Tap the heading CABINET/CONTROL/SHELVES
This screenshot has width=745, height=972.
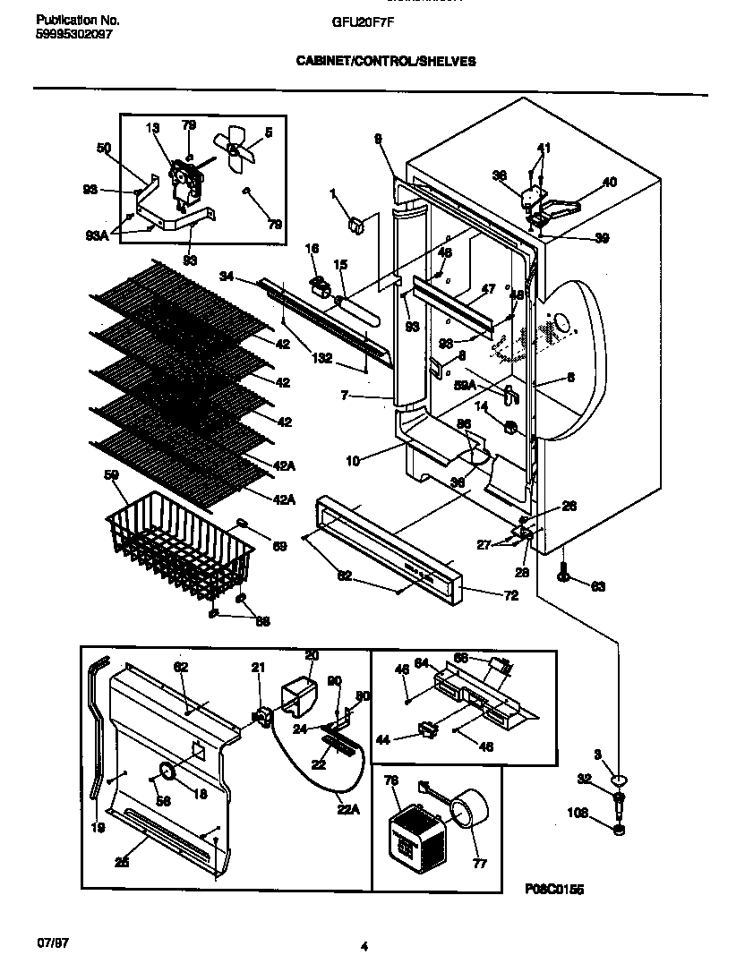coord(386,62)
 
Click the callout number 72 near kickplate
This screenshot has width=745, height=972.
coord(511,594)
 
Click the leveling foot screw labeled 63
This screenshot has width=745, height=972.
coord(564,574)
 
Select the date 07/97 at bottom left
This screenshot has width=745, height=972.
coord(52,944)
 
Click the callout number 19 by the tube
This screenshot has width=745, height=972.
coord(97,829)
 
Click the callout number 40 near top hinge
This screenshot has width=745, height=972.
coord(610,182)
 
